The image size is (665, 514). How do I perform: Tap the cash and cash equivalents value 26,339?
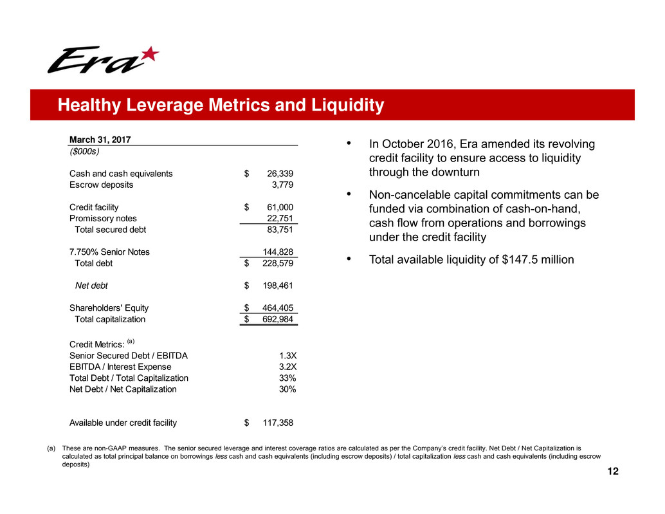coord(279,174)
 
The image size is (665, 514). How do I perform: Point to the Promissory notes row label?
coord(103,218)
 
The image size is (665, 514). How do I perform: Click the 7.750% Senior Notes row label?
coord(109,252)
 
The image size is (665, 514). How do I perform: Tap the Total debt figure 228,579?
coord(277,263)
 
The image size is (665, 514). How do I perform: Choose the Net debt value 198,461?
coord(277,286)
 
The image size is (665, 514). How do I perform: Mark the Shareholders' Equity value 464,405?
coord(277,308)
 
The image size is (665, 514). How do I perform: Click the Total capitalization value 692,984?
coord(277,319)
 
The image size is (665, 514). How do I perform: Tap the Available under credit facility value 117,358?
coord(277,423)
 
